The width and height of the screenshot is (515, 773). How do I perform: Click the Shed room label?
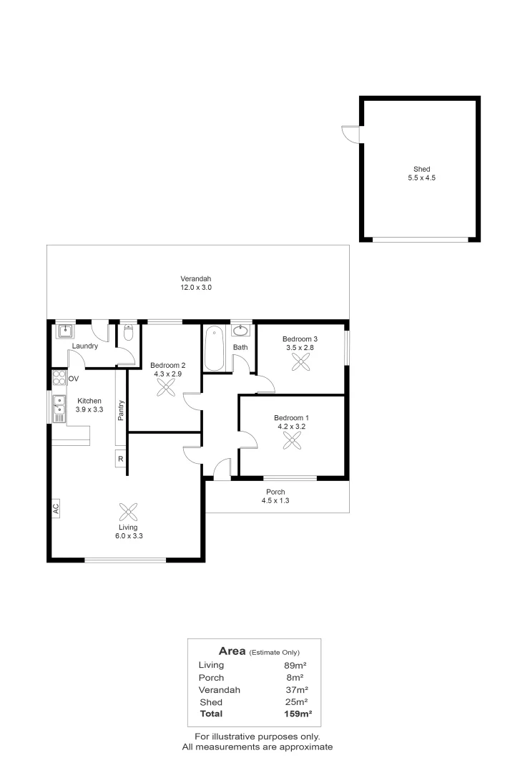(x=421, y=169)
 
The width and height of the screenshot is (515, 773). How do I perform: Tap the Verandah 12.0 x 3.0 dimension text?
(x=196, y=288)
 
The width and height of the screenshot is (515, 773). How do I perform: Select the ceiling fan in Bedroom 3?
(x=300, y=361)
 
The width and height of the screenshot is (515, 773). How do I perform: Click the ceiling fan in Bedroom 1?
(x=293, y=440)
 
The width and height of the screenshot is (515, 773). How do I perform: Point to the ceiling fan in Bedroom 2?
(x=166, y=387)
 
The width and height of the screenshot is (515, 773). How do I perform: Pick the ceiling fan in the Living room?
(x=128, y=512)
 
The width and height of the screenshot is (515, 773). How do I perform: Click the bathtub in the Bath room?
(x=215, y=348)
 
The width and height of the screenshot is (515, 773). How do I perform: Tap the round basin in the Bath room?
(x=241, y=330)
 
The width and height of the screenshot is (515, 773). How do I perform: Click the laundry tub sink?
(x=65, y=331)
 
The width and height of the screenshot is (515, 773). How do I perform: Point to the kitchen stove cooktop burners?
(x=59, y=378)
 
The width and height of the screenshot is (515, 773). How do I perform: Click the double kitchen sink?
(x=59, y=408)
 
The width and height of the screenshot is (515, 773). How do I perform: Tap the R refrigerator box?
(x=121, y=459)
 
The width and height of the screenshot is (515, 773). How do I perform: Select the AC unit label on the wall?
(x=56, y=508)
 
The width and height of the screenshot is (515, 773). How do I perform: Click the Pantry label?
(x=121, y=410)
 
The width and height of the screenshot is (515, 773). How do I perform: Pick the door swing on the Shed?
(x=350, y=134)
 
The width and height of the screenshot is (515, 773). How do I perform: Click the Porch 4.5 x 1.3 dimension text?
(x=275, y=500)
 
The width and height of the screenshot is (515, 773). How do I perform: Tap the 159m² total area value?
(x=298, y=714)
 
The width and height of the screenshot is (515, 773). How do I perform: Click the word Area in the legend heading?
(x=232, y=651)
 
